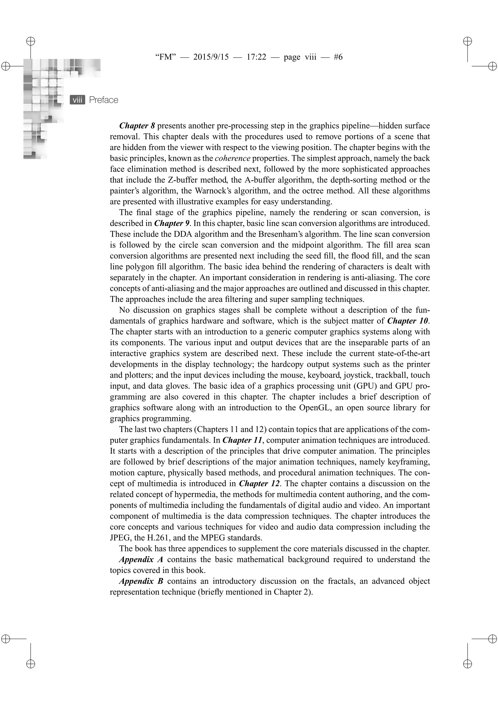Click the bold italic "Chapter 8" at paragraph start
(x=137, y=126)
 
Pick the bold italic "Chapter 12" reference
(x=259, y=484)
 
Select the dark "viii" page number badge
(x=77, y=100)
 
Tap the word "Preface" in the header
(x=104, y=100)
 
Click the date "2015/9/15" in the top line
(x=211, y=57)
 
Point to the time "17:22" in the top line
(x=256, y=57)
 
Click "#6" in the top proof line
(x=338, y=57)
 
